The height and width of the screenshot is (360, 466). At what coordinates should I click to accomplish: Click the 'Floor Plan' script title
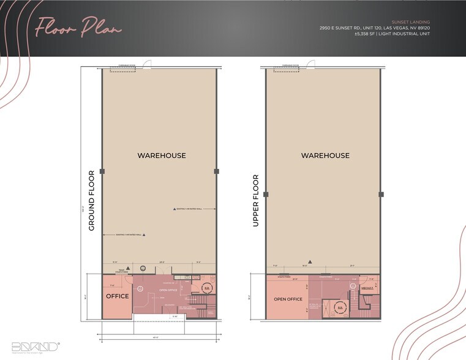(x=78, y=28)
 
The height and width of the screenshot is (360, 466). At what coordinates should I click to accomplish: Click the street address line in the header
(x=374, y=28)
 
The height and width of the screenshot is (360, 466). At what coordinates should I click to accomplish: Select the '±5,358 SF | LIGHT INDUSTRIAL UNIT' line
(x=392, y=34)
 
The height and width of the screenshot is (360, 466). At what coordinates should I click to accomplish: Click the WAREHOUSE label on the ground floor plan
(x=162, y=156)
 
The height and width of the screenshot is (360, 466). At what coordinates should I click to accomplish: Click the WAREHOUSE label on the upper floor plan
(x=325, y=156)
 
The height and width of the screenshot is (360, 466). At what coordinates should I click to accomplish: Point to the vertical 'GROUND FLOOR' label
(x=91, y=200)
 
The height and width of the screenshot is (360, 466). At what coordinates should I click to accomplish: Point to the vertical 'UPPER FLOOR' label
(x=256, y=201)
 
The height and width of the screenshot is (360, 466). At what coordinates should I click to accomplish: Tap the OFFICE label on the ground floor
(x=117, y=296)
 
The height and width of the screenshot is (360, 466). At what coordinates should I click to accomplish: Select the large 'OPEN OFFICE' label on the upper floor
(x=288, y=299)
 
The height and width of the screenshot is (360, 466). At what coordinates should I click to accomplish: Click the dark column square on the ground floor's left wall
(x=102, y=171)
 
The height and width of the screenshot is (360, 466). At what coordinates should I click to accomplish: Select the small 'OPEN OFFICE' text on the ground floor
(x=167, y=290)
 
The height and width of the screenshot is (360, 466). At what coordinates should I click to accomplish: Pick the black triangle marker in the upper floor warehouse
(x=310, y=261)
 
